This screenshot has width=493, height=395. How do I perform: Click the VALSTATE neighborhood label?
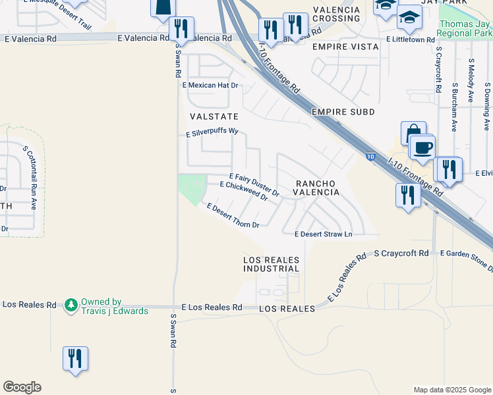coord(209,117)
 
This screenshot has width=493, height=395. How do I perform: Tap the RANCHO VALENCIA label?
coord(317,188)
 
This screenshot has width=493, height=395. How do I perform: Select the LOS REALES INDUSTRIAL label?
coord(272,264)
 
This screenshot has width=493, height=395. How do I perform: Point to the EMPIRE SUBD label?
coord(343,112)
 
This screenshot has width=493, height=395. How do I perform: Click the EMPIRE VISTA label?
coord(346,47)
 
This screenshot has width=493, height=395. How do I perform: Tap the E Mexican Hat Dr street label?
coord(210,86)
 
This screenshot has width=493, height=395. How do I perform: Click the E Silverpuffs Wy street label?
coord(211,131)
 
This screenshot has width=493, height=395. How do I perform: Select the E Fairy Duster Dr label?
coord(254,186)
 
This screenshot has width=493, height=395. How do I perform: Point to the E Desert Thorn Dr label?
coord(233,216)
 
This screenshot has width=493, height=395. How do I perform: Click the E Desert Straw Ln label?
coord(324,234)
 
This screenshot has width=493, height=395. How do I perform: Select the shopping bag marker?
coord(413,132)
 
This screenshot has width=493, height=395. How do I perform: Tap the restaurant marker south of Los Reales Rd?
coord(76,358)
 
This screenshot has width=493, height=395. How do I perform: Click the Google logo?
coord(22,387)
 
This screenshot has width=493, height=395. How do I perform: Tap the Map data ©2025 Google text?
coord(452,390)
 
